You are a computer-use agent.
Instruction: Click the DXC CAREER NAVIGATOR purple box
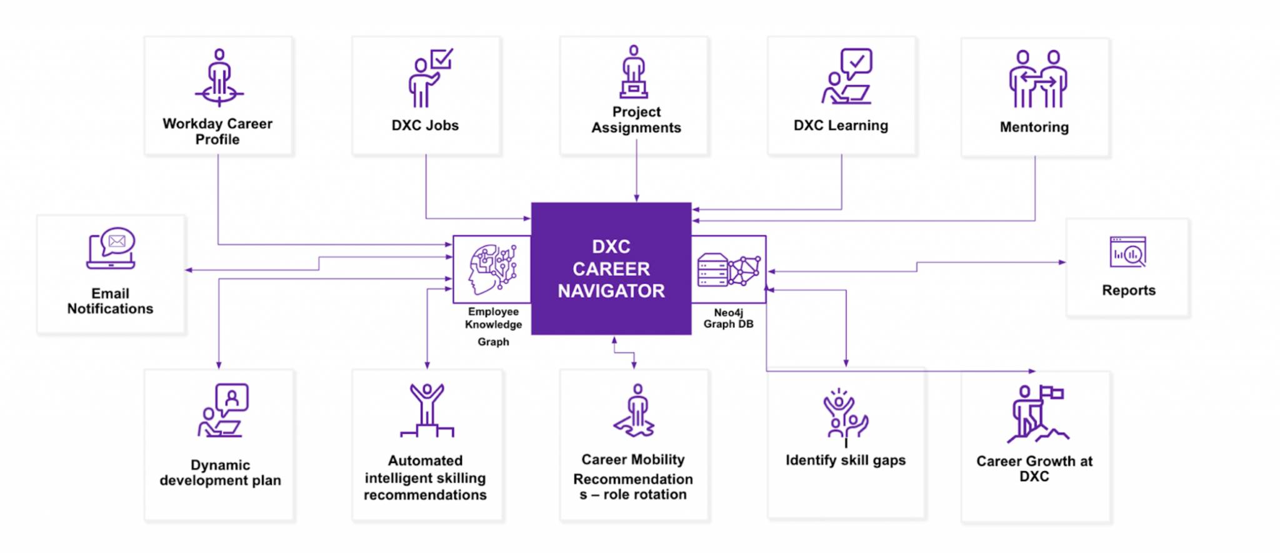click(611, 268)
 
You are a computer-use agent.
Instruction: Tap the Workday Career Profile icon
click(219, 78)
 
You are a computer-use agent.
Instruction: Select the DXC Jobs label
click(425, 125)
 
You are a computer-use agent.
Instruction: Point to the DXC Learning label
click(841, 125)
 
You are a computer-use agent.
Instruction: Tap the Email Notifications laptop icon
click(111, 248)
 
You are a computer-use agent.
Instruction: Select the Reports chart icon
click(1127, 253)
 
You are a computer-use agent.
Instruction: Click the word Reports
click(1128, 290)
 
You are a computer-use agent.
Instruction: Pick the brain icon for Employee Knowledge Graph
click(492, 269)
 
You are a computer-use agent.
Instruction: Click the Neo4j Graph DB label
click(728, 318)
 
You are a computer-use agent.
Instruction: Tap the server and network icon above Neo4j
click(728, 270)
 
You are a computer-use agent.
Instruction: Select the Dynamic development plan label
click(220, 473)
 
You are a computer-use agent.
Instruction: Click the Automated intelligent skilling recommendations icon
click(427, 410)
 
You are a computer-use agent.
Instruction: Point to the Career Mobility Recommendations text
click(633, 477)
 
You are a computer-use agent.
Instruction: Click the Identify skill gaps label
click(845, 460)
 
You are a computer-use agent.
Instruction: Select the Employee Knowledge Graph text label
click(493, 326)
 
